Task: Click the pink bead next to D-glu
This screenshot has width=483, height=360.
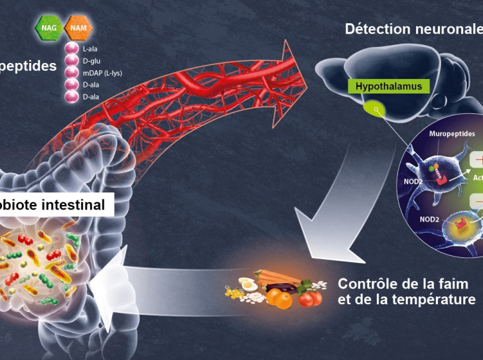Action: coord(72,61)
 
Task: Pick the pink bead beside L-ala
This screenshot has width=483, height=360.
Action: coord(72,49)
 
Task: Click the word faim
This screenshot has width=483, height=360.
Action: coord(457,284)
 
